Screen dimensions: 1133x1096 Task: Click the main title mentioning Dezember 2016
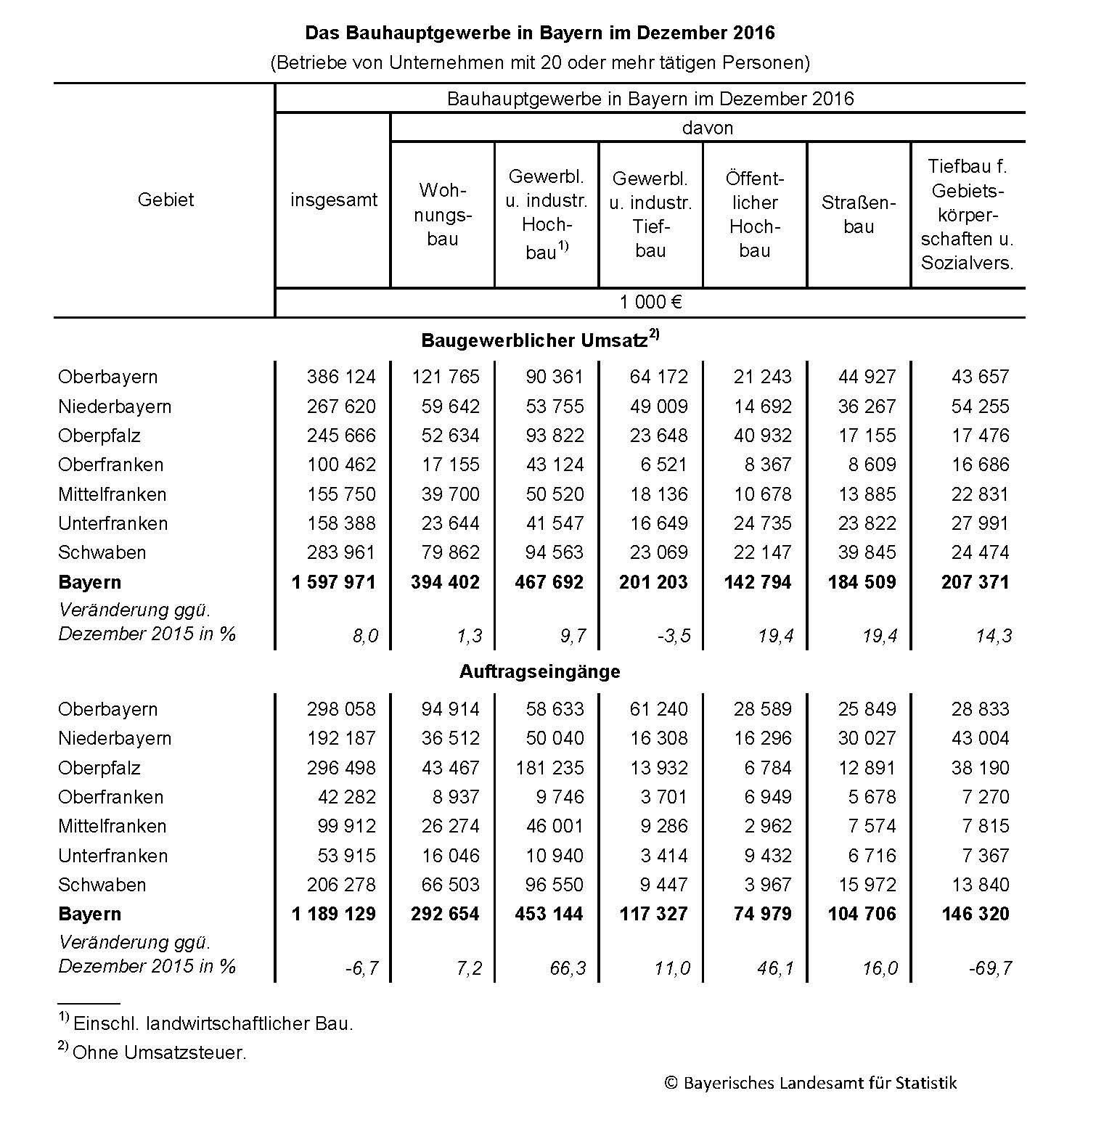pos(539,33)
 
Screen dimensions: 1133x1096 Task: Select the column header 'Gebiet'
pos(165,200)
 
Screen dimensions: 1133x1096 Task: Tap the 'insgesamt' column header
pos(334,200)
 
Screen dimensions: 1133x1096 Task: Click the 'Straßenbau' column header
pos(859,214)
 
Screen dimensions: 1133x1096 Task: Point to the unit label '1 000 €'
pos(650,302)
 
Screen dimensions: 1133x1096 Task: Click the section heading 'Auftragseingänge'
pos(539,671)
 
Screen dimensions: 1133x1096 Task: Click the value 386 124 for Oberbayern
pos(341,377)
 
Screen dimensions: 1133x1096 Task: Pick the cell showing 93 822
pos(555,435)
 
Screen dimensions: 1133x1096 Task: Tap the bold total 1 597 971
pos(334,582)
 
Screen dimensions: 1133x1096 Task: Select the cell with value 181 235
pos(549,768)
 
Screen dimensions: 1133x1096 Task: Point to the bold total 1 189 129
pos(334,914)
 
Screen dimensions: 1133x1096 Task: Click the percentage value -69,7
pos(990,968)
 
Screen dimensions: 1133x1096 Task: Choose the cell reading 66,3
pos(568,968)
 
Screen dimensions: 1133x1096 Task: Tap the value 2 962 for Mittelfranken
pos(767,826)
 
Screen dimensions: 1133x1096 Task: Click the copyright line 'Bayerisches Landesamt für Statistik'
pos(810,1083)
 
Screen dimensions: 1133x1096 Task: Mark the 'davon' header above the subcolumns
pos(707,128)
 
